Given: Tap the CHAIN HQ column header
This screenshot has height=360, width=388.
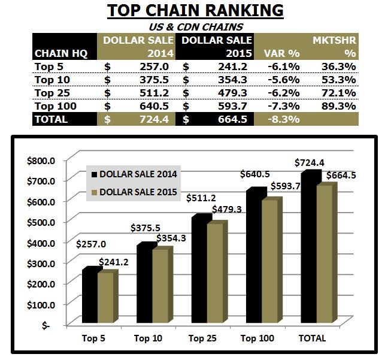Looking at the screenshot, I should click(61, 53).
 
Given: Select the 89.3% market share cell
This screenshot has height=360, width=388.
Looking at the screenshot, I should click(339, 105).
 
